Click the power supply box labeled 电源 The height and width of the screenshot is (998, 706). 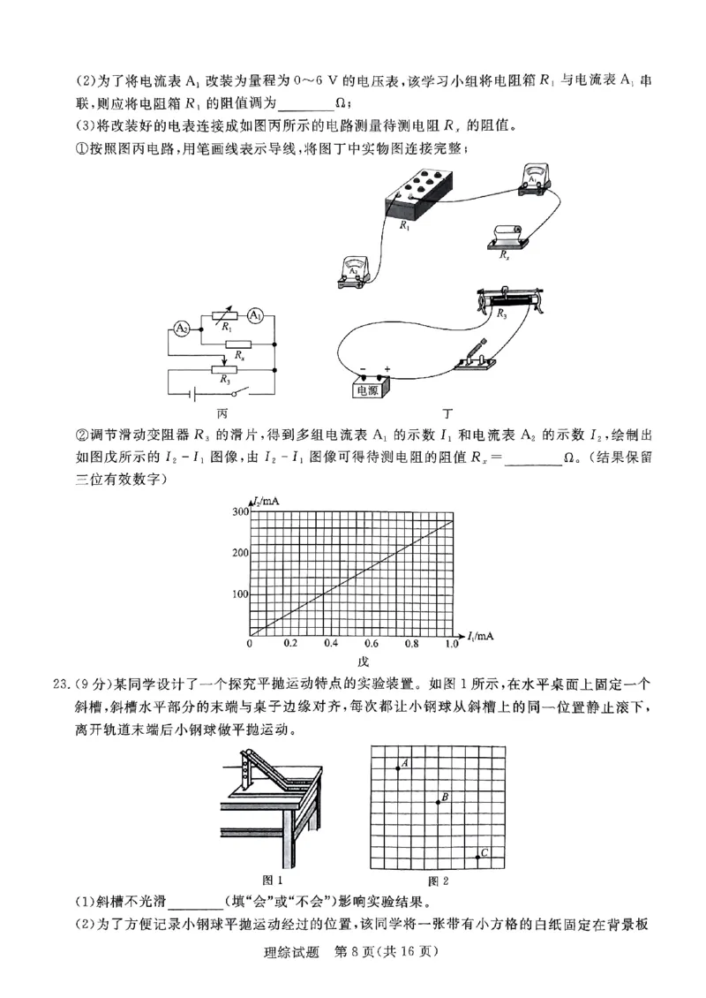click(370, 385)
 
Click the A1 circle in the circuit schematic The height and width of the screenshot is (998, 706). click(255, 315)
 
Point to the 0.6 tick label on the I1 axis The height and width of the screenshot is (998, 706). click(371, 645)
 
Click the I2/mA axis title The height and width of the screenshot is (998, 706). click(266, 502)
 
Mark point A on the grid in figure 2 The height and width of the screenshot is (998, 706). click(398, 768)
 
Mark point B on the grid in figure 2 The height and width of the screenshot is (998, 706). click(438, 802)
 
